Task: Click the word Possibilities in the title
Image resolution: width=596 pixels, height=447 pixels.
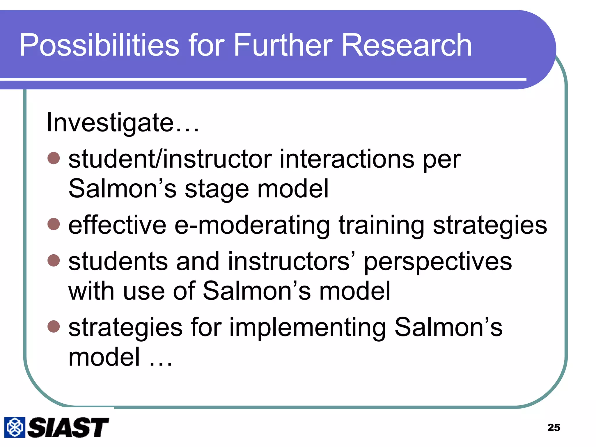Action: (99, 46)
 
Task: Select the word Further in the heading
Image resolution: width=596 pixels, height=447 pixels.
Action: (283, 46)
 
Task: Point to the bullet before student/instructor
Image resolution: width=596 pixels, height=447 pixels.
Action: (54, 158)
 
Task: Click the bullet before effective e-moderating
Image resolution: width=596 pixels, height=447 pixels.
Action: (54, 224)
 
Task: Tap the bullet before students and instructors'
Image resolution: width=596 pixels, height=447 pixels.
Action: (54, 260)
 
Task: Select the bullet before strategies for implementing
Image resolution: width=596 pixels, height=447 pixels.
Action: (54, 326)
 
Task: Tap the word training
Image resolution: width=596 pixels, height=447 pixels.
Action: (381, 226)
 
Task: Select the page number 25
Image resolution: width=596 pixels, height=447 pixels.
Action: (554, 428)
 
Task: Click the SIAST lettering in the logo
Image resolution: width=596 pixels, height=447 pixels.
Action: (68, 427)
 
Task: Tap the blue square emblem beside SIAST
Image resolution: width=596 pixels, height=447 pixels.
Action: (15, 427)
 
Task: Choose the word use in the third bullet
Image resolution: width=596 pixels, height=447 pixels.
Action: (144, 291)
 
